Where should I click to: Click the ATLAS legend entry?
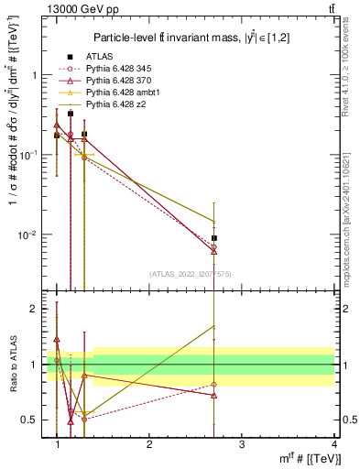(x=87, y=57)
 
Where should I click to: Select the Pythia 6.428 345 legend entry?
(x=104, y=69)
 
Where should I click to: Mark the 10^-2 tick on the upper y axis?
(x=28, y=235)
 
